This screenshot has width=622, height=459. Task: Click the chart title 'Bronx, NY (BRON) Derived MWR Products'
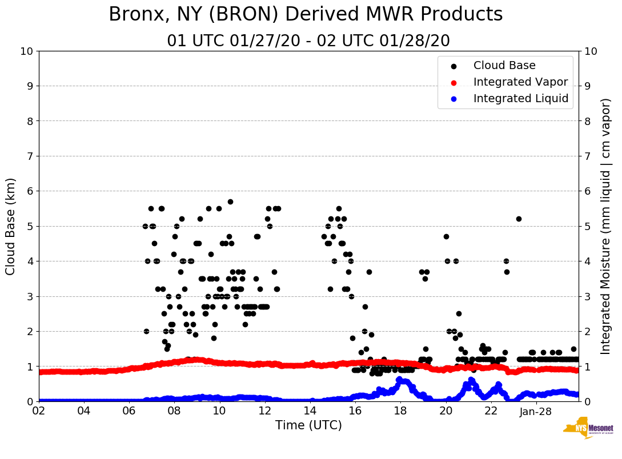[x=306, y=14]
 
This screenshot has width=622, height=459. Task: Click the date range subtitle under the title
[x=308, y=41]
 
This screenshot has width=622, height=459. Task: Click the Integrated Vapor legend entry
[x=520, y=82]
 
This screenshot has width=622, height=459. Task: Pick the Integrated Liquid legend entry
[x=520, y=99]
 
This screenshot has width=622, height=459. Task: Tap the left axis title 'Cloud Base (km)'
[x=11, y=226]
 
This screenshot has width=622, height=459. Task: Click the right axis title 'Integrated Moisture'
[x=606, y=226]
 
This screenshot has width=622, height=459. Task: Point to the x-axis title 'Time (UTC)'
[x=308, y=425]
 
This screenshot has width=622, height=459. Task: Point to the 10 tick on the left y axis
[x=26, y=51]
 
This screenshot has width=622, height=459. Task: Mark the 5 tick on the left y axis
[x=29, y=226]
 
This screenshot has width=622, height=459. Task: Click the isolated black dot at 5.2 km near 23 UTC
[x=519, y=219]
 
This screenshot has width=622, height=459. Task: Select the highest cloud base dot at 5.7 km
[x=230, y=202]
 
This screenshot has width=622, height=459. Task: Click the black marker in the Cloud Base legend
[x=454, y=66]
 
